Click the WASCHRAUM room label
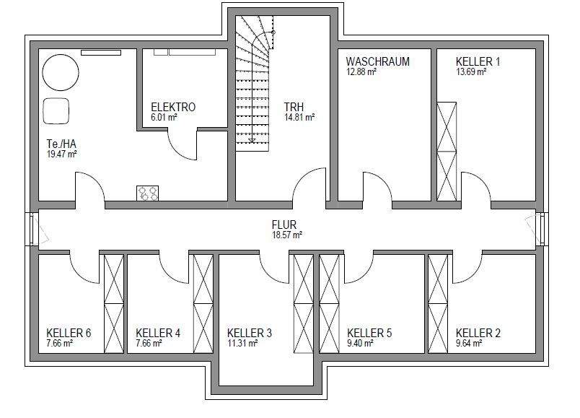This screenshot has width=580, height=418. tap(377, 62)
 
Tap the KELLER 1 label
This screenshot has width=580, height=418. tap(478, 62)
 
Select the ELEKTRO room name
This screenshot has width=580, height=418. tap(173, 108)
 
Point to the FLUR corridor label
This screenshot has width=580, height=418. tap(285, 225)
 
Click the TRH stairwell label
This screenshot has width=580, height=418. tap(294, 108)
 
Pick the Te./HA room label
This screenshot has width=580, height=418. tap(61, 144)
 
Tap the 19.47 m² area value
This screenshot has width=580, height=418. tap(61, 154)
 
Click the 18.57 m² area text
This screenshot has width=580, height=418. tap(286, 235)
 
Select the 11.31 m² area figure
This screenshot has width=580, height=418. tap(242, 344)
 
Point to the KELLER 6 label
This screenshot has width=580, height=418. tap(69, 334)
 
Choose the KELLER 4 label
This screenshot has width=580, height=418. tap(158, 334)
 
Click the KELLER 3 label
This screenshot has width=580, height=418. tap(250, 334)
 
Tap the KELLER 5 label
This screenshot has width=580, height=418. tap(369, 334)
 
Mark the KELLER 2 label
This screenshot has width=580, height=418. tap(478, 334)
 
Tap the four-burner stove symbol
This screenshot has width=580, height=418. tap(148, 193)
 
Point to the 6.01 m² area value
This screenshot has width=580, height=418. tap(164, 117)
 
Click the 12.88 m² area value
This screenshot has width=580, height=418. tap(361, 72)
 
